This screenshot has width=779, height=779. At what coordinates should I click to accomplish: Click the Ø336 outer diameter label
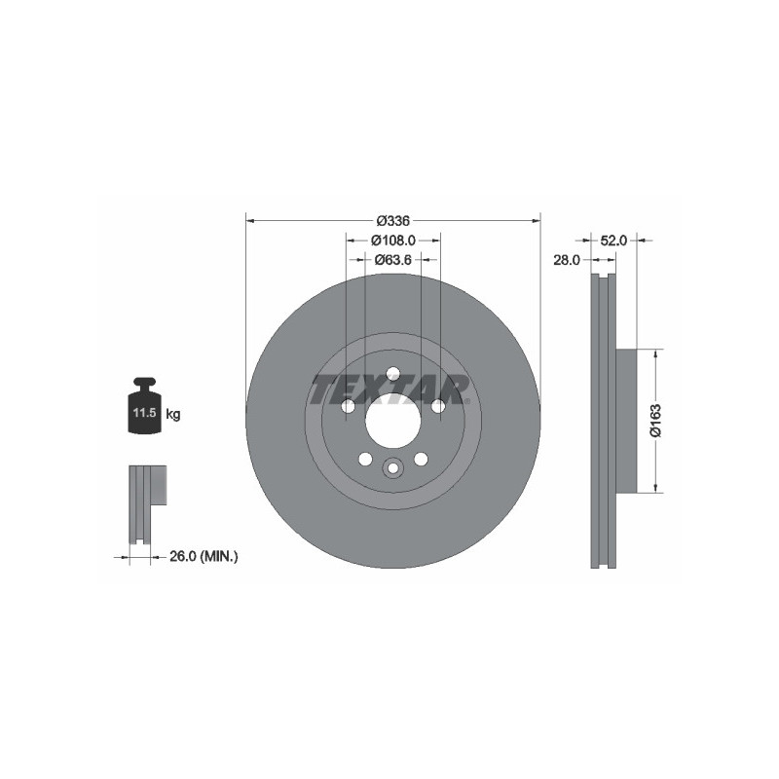[392, 220]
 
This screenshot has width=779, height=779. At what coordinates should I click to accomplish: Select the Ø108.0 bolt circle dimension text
[392, 240]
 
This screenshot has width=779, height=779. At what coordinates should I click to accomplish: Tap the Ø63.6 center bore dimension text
[392, 260]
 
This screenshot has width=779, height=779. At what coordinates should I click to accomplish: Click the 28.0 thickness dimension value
[567, 260]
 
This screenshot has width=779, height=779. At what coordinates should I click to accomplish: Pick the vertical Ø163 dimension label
[656, 420]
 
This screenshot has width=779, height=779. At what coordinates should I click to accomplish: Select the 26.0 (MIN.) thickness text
[204, 556]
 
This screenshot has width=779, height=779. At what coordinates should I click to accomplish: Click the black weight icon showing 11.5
[144, 410]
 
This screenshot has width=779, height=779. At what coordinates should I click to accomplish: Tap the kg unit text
[172, 415]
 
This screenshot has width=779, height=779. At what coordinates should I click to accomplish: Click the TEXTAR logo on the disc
[389, 389]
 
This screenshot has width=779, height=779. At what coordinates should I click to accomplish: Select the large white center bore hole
[392, 425]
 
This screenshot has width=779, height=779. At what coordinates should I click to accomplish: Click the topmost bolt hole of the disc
[392, 373]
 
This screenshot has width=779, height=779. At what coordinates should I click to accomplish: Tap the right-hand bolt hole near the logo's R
[438, 406]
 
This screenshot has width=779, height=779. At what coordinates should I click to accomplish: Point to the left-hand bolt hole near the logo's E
[347, 406]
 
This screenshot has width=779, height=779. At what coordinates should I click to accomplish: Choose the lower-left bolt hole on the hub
[364, 459]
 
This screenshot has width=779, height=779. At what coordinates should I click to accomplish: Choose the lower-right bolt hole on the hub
[421, 459]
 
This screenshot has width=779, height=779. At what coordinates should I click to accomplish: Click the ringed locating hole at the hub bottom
[392, 468]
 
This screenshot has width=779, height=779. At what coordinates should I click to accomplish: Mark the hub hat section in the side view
[625, 420]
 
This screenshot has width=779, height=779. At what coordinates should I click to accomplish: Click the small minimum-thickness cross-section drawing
[145, 503]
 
